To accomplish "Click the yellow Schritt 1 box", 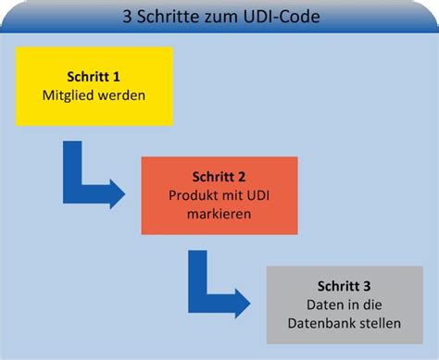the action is (x=94, y=86).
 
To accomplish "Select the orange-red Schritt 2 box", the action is (x=219, y=195).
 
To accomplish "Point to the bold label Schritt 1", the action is (x=94, y=77).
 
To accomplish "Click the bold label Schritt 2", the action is (x=219, y=177).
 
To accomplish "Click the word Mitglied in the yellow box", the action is (x=69, y=94).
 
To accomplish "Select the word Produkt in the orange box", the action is (x=191, y=195).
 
